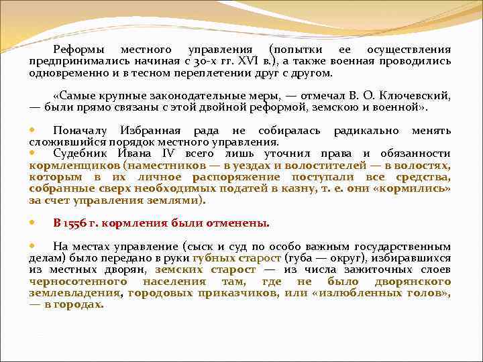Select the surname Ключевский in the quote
417,96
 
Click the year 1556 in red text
78,223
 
